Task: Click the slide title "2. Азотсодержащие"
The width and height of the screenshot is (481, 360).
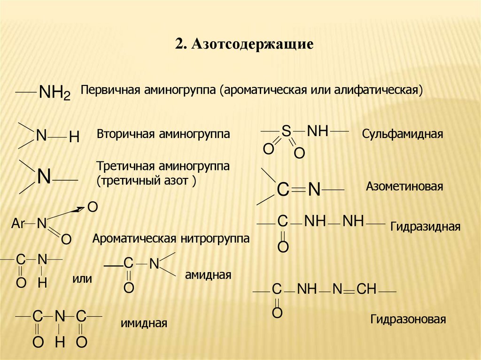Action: tap(244, 45)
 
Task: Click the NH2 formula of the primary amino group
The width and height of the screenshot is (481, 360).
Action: tap(54, 92)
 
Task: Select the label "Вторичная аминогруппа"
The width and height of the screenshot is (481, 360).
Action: tap(163, 134)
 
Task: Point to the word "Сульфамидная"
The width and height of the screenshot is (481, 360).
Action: tap(403, 134)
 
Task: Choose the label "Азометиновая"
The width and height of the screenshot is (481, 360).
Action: tap(404, 186)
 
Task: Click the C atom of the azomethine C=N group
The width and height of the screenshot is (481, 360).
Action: tap(282, 190)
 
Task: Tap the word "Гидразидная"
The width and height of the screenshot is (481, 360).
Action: tap(425, 227)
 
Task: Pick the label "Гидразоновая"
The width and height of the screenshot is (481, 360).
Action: tap(407, 320)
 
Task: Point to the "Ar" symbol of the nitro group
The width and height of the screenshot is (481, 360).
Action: tap(18, 224)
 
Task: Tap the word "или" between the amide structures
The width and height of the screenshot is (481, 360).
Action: tap(82, 279)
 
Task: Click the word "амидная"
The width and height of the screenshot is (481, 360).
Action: tap(208, 275)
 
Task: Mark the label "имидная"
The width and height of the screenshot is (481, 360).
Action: tap(144, 323)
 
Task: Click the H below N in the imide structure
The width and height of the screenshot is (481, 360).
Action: tap(59, 343)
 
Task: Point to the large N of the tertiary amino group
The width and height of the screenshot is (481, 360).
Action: tap(44, 177)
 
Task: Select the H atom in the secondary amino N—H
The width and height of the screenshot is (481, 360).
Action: tap(74, 137)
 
